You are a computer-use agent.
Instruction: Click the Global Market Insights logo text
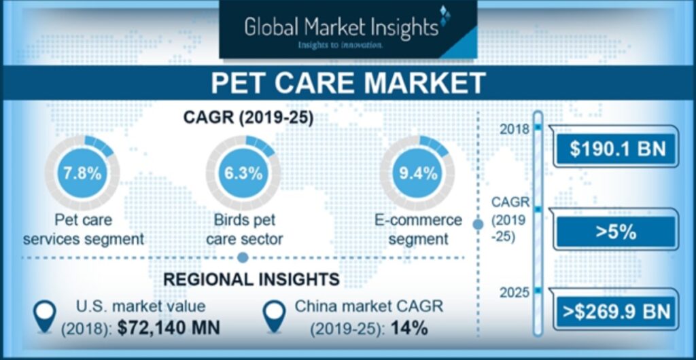(341, 26)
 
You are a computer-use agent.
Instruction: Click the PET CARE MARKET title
(348, 83)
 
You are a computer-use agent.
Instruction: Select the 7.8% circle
(82, 173)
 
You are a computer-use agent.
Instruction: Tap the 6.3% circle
(243, 173)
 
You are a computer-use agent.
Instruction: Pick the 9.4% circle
(417, 173)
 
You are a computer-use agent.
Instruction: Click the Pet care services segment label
(84, 230)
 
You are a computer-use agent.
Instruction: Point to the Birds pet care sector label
(245, 230)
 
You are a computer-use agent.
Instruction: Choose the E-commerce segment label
(419, 230)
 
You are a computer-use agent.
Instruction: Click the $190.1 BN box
(617, 149)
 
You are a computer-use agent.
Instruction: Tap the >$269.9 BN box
(617, 312)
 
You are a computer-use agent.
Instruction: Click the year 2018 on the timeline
(515, 130)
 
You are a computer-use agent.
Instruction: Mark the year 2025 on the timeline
(515, 293)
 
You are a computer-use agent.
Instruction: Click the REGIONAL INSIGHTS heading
(251, 279)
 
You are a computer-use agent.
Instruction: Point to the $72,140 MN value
(169, 328)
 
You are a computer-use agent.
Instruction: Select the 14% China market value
(409, 329)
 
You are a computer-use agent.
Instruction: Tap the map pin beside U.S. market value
(45, 316)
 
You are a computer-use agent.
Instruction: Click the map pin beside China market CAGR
(274, 316)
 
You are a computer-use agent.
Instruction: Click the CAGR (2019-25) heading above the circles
(248, 118)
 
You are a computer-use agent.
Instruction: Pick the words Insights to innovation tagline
(341, 45)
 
